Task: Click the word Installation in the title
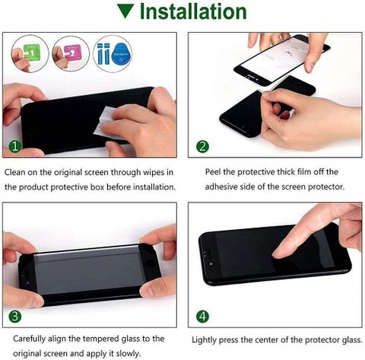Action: point(193,11)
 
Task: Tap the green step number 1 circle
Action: point(15,146)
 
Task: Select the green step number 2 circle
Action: point(202,146)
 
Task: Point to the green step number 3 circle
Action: point(15,317)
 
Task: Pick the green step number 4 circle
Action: point(202,317)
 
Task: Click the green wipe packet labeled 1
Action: point(32,53)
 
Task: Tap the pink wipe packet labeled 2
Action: point(72,53)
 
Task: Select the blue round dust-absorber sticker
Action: point(122,54)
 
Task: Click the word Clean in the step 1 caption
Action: point(14,172)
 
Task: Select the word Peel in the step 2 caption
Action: point(213,172)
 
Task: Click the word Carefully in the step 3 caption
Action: point(30,339)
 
